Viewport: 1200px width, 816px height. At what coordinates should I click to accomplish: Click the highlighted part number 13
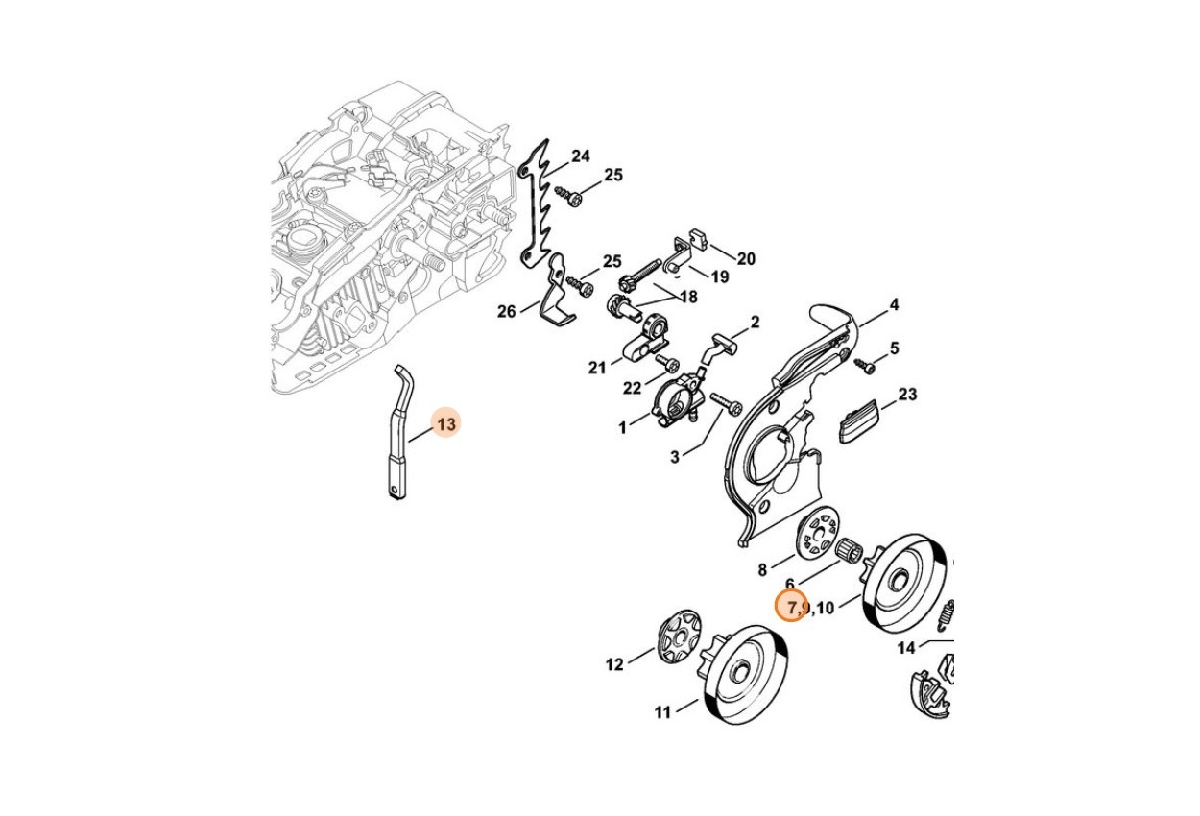tap(446, 424)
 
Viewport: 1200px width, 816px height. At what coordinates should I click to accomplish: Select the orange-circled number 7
tap(791, 608)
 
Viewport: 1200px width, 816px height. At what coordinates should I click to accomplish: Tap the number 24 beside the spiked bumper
tap(581, 156)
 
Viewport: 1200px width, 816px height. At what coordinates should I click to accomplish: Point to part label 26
tap(507, 311)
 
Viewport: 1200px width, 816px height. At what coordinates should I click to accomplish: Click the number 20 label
tap(746, 259)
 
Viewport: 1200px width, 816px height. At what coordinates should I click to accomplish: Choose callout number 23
tap(907, 395)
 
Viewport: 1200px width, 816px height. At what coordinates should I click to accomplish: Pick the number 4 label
tap(894, 305)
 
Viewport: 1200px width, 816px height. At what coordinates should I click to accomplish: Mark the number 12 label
tap(614, 665)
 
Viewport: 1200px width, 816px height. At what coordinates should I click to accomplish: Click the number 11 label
tap(663, 712)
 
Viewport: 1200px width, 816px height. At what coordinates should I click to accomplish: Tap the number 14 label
tap(906, 648)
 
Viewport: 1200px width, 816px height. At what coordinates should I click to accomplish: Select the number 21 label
tap(597, 368)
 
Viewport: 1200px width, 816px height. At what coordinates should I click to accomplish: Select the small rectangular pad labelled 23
tap(859, 421)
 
